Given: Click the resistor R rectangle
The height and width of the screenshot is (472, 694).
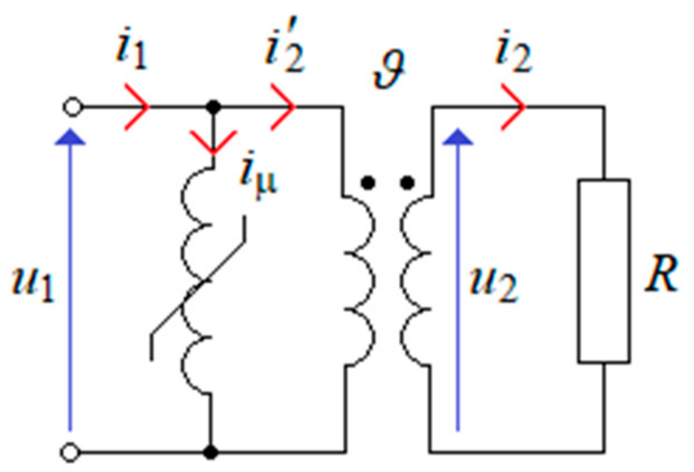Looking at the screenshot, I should click(x=604, y=271).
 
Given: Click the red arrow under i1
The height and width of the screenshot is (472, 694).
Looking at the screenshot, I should click(x=138, y=106).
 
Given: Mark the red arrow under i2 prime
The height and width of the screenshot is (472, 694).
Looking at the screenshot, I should click(x=284, y=106).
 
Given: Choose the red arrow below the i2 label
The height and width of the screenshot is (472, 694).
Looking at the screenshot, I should click(x=514, y=106).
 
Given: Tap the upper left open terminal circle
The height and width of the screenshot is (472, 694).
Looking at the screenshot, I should click(x=74, y=106).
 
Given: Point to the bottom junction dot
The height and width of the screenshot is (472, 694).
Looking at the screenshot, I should click(x=212, y=451).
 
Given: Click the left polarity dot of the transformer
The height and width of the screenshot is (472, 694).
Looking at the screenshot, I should click(x=368, y=182).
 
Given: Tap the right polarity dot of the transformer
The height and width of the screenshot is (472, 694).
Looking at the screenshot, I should click(x=408, y=182).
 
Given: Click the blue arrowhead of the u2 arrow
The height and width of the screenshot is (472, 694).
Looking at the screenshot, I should click(x=458, y=138).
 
